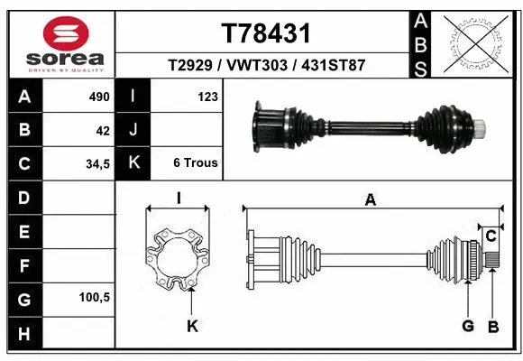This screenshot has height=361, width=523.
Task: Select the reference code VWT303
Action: [x=267, y=66]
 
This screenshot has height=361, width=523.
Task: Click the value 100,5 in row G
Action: [x=95, y=296]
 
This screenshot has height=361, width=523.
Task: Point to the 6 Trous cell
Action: [x=196, y=163]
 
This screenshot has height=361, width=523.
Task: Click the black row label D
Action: [x=23, y=196]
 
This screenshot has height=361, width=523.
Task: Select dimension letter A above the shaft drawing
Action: [x=370, y=201]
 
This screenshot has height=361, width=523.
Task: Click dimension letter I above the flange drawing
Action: [x=179, y=198]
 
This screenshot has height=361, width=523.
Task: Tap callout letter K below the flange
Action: [x=190, y=326]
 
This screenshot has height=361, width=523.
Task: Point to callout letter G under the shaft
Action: [x=468, y=326]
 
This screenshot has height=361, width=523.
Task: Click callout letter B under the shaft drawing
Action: [x=493, y=326]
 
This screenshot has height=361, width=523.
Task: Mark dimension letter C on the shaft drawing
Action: [x=491, y=236]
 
